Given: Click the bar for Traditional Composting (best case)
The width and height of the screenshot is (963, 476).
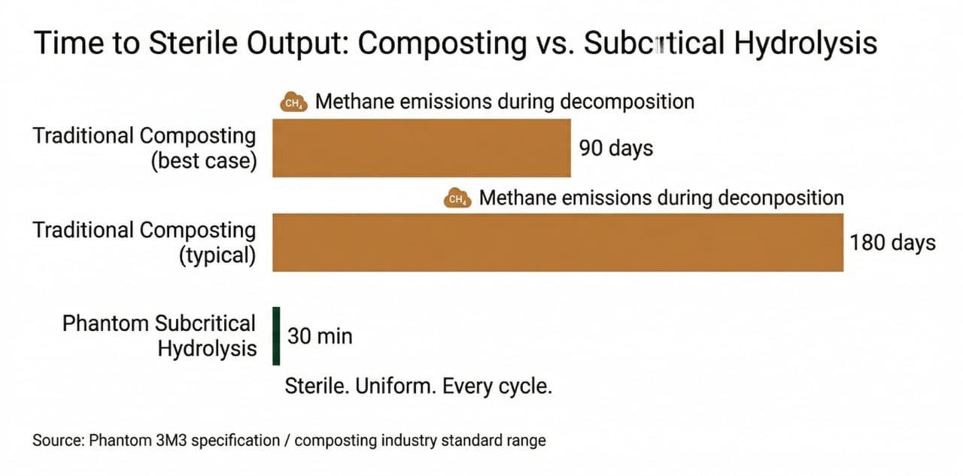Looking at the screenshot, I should [x=421, y=148].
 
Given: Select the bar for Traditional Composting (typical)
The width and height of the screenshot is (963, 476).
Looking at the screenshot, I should [x=557, y=242].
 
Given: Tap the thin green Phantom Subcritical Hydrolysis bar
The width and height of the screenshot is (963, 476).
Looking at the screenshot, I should [x=276, y=336].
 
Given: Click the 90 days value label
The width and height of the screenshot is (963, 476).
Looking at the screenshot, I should [x=615, y=148].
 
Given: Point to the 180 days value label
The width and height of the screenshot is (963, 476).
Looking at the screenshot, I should [x=892, y=243].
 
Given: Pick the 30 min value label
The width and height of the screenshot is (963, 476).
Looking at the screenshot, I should [x=320, y=336].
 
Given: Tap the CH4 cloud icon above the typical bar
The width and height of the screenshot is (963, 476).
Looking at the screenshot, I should [x=457, y=199].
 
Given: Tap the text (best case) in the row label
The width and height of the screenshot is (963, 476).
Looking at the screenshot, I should [x=203, y=162].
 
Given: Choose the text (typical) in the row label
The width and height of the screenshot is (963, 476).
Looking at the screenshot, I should [x=217, y=256].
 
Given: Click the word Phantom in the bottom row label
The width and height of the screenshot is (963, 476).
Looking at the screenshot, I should [x=105, y=323].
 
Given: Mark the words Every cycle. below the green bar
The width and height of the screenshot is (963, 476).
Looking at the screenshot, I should [x=497, y=387].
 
